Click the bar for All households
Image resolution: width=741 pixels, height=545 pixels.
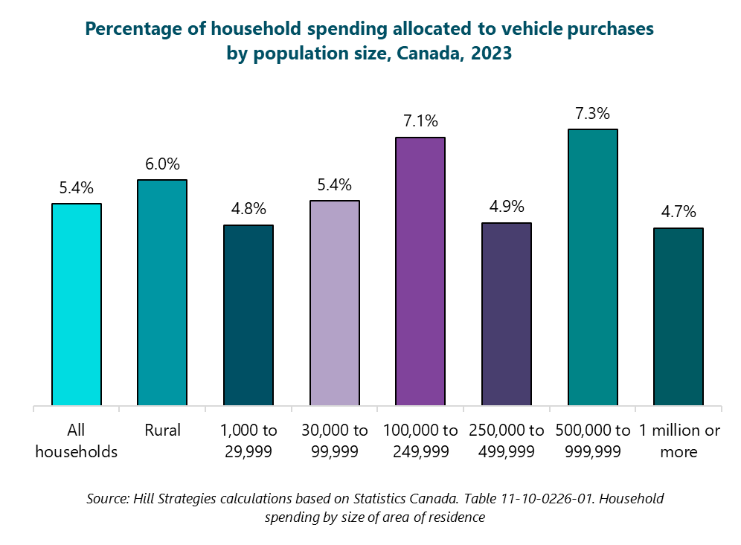click(77, 305)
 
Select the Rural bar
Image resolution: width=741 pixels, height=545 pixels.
click(162, 293)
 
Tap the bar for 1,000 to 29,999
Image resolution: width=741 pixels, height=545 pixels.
click(248, 315)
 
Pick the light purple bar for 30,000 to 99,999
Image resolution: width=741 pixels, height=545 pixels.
click(335, 303)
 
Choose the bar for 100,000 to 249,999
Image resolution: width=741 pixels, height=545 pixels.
click(420, 272)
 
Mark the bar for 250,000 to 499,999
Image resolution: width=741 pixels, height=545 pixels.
click(507, 315)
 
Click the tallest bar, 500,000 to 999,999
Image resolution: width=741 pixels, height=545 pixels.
click(593, 268)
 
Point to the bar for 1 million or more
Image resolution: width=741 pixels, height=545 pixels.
click(679, 317)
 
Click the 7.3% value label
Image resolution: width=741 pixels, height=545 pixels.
click(593, 114)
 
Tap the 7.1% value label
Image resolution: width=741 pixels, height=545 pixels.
click(420, 121)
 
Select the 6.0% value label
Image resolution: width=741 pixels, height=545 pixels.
click(162, 164)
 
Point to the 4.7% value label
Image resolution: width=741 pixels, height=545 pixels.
click(679, 213)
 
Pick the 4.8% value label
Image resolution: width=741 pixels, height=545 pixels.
click(248, 209)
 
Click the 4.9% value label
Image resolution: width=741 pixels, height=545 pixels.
click(507, 207)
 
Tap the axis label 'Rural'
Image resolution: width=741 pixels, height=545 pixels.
click(162, 430)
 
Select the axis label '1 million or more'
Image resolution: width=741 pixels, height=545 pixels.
click(679, 441)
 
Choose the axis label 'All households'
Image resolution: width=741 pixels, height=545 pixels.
click(77, 441)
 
